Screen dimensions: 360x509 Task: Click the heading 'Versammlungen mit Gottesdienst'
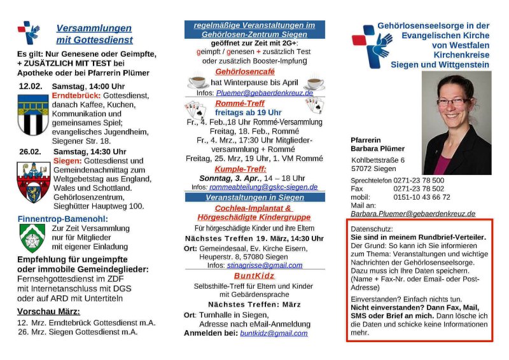coord(94,34)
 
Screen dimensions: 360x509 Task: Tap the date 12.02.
coord(30,86)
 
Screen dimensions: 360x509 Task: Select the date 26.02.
coord(30,151)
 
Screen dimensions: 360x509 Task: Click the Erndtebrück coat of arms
coord(32,114)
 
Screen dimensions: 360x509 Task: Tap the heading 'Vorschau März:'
coord(48,311)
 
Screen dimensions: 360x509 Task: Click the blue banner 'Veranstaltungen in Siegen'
coord(254,197)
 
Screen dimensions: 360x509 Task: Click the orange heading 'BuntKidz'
coord(254,275)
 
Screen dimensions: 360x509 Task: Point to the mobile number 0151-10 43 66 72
coord(422,197)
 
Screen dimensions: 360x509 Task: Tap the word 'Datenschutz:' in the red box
coord(372,228)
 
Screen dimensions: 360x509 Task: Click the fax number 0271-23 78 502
coord(419,189)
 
